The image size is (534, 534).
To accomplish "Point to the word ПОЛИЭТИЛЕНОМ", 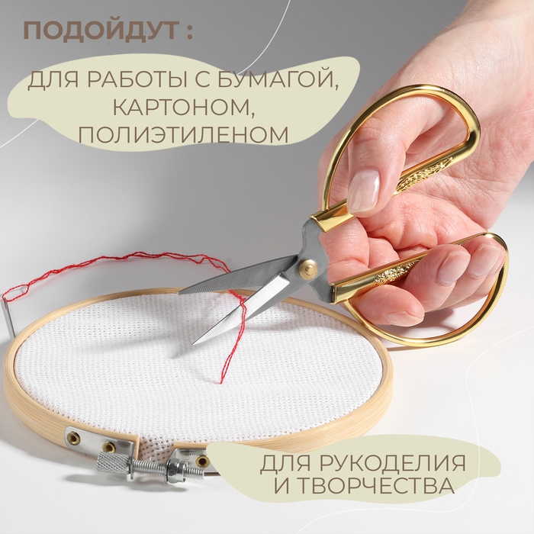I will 183,135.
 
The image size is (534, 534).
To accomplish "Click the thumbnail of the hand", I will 364,191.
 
